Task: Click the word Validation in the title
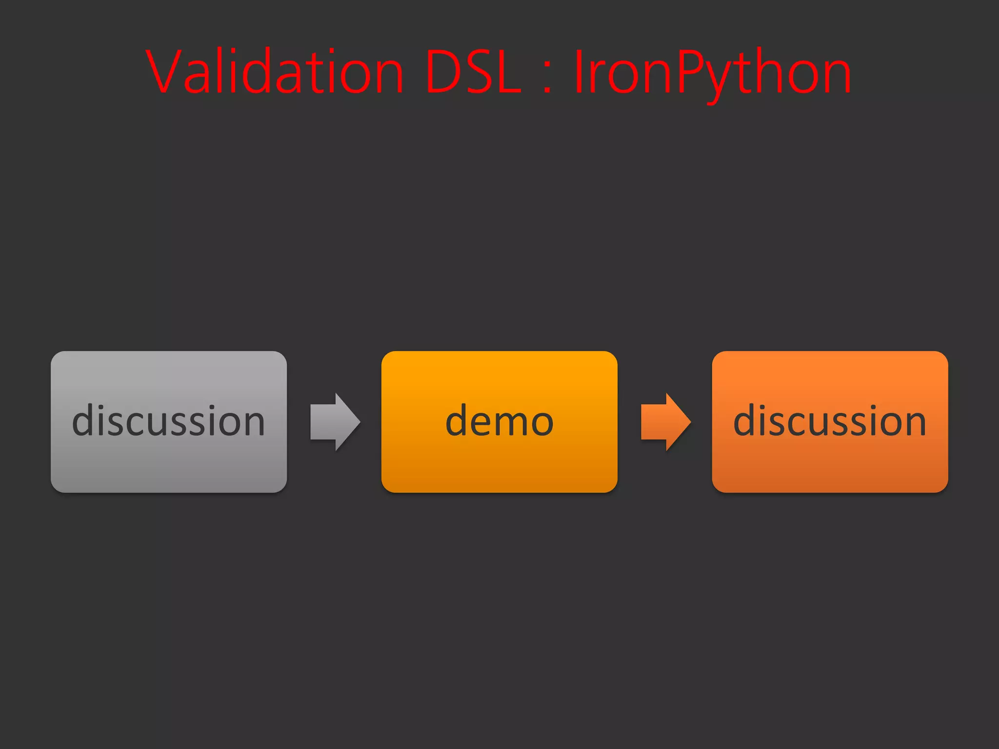pos(275,72)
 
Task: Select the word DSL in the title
pos(474,72)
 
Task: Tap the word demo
pos(499,420)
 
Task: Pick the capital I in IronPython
pos(579,71)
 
